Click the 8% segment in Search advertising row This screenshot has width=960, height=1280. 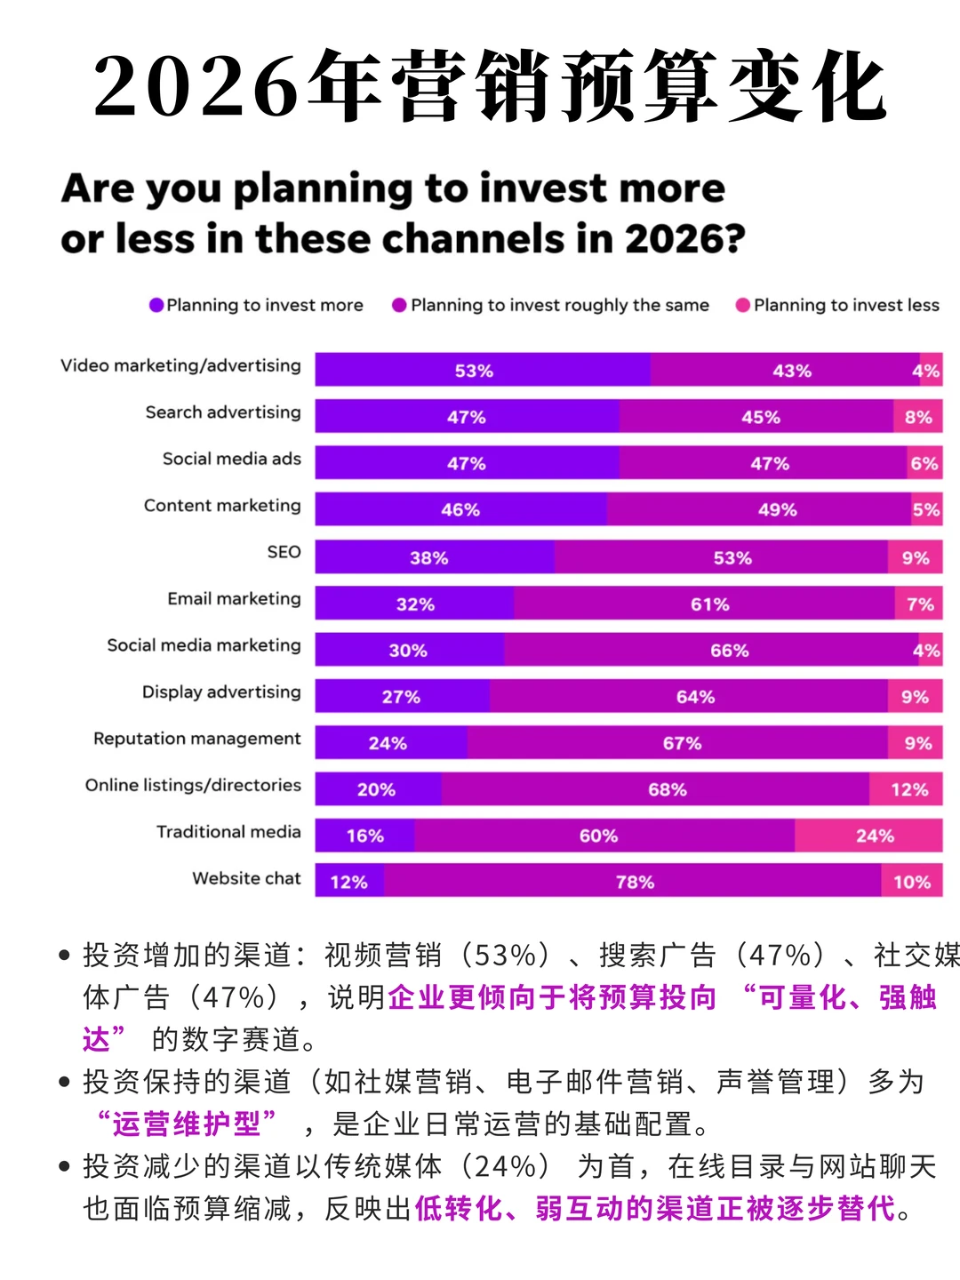pos(917,417)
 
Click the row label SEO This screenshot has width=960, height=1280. pos(284,552)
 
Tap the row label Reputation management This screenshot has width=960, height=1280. pos(197,739)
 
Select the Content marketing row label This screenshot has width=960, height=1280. pos(222,506)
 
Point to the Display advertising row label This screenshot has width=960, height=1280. pos(221,692)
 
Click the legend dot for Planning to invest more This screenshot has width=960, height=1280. pos(156,305)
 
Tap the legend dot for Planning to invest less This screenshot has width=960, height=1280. pos(743,305)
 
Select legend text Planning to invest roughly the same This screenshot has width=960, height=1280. pos(560,305)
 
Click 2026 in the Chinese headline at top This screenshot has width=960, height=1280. pos(196,87)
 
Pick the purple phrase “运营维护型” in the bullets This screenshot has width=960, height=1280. pos(188,1124)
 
